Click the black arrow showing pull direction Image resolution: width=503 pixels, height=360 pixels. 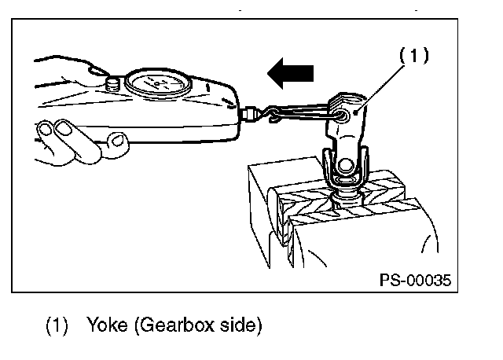click(x=291, y=75)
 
